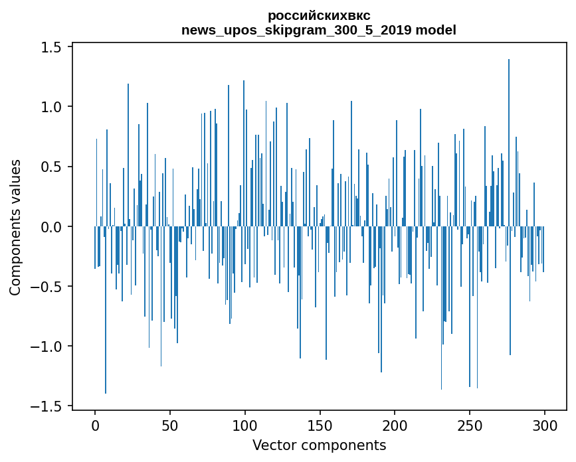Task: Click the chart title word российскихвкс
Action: tap(319, 16)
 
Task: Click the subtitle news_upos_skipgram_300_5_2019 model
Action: tap(319, 30)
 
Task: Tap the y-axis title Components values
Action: tap(15, 228)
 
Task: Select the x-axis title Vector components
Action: tap(319, 445)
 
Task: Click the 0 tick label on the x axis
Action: tap(95, 426)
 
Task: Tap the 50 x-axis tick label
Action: tap(169, 426)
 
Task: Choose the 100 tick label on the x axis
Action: tap(244, 426)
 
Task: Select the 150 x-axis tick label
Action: tap(320, 426)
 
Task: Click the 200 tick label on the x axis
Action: tap(395, 426)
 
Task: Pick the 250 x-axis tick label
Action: tap(470, 426)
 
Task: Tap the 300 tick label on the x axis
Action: tap(544, 426)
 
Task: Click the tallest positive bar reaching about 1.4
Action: tap(509, 143)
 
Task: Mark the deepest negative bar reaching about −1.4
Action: tap(106, 310)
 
